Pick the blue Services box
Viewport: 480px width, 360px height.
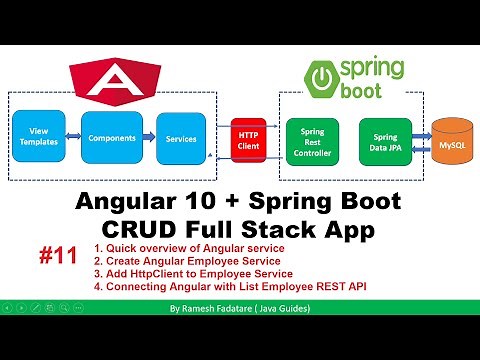[180, 137]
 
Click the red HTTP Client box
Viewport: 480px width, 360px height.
[249, 138]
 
